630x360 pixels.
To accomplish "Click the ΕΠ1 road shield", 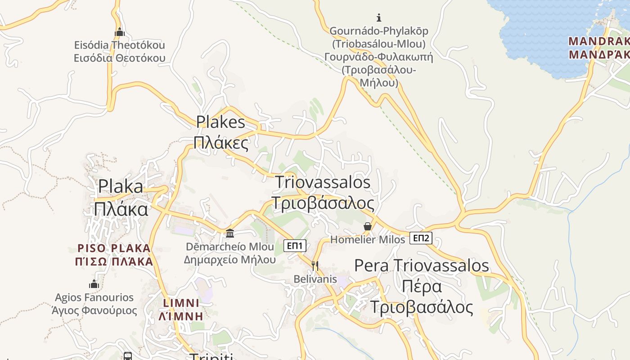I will coord(295,246).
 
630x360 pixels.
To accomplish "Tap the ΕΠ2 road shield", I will coord(421,238).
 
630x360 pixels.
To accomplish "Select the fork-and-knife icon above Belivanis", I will coord(315,265).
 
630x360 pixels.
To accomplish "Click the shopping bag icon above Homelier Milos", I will coord(368,226).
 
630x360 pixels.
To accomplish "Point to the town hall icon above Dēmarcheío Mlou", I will coord(230,233).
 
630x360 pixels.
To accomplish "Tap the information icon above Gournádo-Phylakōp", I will coord(379,18).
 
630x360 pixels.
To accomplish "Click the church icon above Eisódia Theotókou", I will coord(120,32).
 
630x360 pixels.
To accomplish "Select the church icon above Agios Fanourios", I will coord(94,284).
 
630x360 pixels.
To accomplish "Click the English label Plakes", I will coord(220,122).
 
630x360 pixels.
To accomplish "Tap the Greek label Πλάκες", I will coord(220,143).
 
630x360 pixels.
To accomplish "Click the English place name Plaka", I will coord(121,186).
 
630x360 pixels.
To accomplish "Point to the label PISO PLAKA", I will coord(114,248).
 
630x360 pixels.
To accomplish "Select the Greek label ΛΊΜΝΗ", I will coord(181,316).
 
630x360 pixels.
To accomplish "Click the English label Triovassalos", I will coord(322,182).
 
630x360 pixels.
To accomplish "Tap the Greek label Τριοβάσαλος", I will coord(322,203).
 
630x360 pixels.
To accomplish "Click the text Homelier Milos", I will coord(368,240).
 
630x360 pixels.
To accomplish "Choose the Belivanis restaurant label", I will coord(315,279).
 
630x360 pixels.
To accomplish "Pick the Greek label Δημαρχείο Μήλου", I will coord(229,260).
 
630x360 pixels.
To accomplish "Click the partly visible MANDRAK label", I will coord(598,41).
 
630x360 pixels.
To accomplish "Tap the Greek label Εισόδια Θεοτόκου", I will coord(120,58).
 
